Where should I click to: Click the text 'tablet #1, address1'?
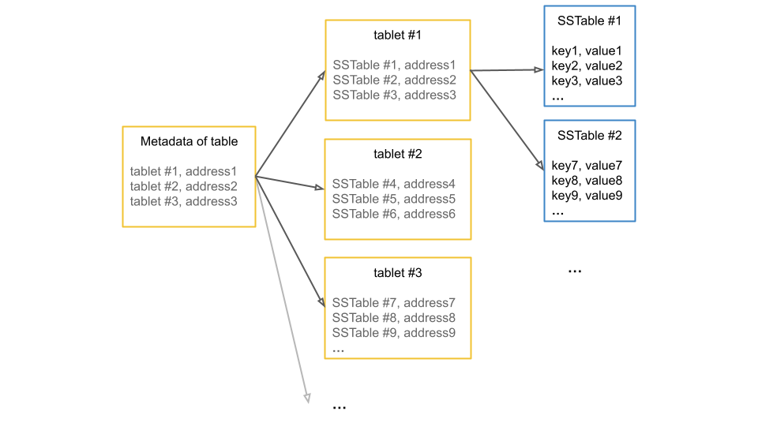point(183,171)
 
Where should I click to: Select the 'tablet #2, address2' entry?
point(183,186)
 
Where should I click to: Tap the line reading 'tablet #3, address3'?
point(183,201)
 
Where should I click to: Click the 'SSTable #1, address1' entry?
point(394,65)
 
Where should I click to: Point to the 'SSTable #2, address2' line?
point(394,80)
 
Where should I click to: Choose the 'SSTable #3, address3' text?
point(394,95)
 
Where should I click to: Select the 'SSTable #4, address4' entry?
point(394,184)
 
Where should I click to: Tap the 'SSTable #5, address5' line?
point(394,199)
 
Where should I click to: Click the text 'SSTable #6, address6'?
point(394,214)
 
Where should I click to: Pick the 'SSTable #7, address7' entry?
point(394,303)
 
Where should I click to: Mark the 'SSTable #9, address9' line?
point(394,333)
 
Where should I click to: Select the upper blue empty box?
point(589,55)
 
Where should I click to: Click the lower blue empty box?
point(589,170)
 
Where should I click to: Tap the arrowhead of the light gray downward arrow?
point(307,398)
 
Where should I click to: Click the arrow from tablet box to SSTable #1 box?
point(291,124)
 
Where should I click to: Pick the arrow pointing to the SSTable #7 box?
point(290,241)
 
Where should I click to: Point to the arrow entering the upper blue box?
point(507,70)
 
